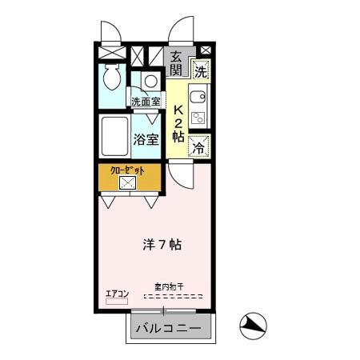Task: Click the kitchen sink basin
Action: coord(199,98)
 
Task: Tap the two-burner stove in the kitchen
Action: coord(199,119)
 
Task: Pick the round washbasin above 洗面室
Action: coord(150,81)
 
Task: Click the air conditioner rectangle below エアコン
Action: coord(118,303)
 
